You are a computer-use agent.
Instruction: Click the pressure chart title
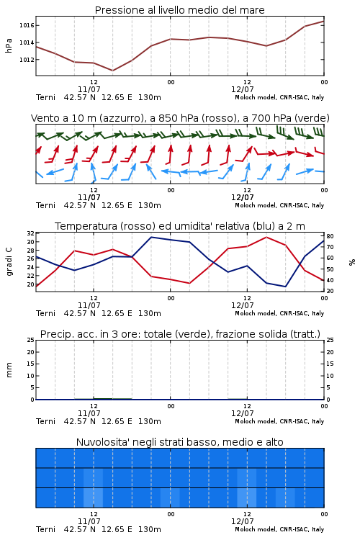pos(179,10)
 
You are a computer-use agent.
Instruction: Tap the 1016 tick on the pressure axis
pos(27,25)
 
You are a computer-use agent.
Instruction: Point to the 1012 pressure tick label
pos(27,60)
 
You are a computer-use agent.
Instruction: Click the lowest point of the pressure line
pos(112,71)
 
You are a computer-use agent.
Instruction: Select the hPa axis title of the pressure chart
pos(9,45)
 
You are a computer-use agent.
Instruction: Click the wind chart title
pos(180,118)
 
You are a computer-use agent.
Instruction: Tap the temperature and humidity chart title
pos(180,226)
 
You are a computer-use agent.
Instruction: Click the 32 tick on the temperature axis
pos(31,233)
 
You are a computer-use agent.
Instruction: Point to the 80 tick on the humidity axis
pos(330,236)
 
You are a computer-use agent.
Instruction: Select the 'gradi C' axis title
pos(9,261)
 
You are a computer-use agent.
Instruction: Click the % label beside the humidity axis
pos(352,262)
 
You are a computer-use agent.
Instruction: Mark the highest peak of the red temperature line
pos(266,237)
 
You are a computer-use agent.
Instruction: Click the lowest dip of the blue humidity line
pos(285,287)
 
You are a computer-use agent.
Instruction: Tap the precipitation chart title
pos(180,334)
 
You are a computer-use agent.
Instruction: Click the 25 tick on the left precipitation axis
pos(31,340)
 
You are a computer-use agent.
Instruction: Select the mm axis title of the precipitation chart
pos(9,370)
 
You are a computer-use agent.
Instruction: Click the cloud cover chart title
pos(179,442)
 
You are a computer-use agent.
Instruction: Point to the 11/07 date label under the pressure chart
pos(89,89)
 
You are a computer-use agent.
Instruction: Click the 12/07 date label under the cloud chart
pos(242,521)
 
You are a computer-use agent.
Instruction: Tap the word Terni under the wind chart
pos(45,205)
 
